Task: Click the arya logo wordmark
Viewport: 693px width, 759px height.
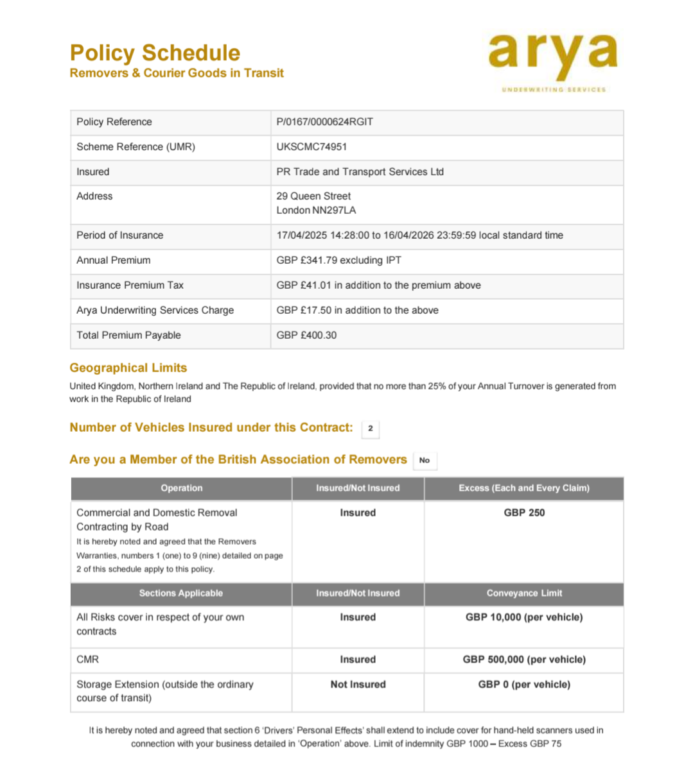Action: [552, 54]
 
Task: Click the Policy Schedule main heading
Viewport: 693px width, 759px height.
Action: [155, 53]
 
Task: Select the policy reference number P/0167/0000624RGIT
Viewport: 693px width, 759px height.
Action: [324, 122]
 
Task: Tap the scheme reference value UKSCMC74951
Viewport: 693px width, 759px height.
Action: [311, 147]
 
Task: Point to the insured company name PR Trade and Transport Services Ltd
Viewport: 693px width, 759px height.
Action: [360, 172]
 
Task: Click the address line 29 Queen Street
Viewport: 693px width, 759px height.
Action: [313, 196]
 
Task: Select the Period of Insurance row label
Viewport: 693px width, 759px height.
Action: [119, 235]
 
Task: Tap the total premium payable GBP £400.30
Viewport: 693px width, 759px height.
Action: [306, 336]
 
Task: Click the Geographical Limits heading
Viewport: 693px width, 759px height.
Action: [128, 368]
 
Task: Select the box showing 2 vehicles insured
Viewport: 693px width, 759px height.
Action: [370, 429]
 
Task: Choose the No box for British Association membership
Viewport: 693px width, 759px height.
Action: [424, 461]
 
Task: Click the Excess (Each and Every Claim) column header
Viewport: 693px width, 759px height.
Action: [523, 488]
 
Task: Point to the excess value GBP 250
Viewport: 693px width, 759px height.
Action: [523, 513]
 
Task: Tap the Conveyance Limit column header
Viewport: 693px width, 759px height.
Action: [523, 593]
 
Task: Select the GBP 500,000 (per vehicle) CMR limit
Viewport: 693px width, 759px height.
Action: [523, 660]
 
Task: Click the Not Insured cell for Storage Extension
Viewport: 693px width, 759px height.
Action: [358, 685]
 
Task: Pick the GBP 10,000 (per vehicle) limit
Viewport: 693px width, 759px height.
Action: [523, 618]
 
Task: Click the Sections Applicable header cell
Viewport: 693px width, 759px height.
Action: [180, 593]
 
